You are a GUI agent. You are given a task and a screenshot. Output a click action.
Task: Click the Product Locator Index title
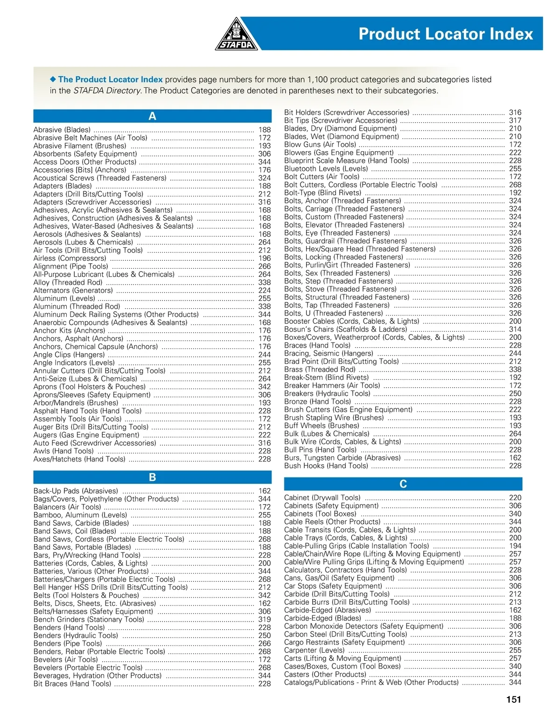pos(445,34)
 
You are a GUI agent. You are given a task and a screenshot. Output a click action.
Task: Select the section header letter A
pos(152,116)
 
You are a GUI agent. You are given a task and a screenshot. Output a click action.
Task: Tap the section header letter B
pos(152,477)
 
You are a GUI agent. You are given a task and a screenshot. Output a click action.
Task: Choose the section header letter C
pos(403,484)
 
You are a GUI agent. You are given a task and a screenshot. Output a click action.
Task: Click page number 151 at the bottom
pos(513,699)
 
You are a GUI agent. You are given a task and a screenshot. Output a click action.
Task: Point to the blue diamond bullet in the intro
pos(53,79)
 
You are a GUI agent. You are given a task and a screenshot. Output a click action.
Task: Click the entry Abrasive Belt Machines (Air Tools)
pos(90,138)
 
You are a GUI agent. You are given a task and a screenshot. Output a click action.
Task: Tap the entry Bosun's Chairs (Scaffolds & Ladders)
pos(345,329)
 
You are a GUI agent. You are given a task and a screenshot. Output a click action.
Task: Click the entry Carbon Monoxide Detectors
pos(364,626)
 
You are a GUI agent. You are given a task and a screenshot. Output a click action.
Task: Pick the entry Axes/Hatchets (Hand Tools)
pos(79,459)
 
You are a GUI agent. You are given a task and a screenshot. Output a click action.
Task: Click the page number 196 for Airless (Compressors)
pos(265,259)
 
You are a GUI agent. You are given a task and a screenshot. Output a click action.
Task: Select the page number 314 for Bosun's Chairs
pos(515,329)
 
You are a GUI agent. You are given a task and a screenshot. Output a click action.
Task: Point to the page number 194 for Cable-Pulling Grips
pos(515,546)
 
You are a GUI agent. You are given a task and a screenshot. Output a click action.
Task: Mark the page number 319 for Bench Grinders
pos(265,620)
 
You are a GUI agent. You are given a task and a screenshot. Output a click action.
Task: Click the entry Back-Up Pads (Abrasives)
pos(76,491)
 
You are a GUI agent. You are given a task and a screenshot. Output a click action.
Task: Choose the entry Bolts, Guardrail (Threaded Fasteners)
pos(345,241)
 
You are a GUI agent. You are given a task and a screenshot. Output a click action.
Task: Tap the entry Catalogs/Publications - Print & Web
pos(371,682)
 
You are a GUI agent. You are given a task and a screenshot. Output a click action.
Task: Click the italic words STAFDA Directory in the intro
pos(107,91)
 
